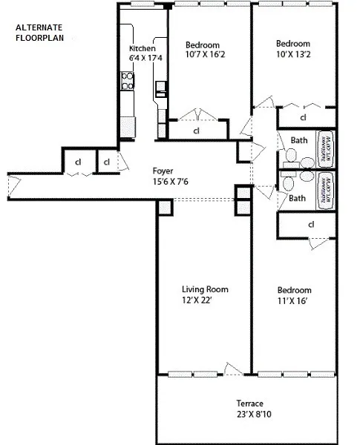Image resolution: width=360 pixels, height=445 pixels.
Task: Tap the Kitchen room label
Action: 142,49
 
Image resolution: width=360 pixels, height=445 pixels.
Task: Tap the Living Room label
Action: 204,289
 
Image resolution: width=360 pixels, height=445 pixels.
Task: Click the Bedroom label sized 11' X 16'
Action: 294,290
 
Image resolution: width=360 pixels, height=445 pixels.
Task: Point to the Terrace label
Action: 252,403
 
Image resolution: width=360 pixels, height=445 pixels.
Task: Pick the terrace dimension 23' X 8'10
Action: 252,413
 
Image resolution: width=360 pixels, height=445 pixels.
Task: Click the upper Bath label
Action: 298,139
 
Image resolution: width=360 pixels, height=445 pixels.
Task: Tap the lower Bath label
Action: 298,198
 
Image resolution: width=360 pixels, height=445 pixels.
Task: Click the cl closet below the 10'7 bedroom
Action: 196,131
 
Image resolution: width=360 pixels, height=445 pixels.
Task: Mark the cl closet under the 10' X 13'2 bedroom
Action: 304,117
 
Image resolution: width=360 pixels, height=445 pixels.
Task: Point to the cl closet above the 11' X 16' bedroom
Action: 310,224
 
